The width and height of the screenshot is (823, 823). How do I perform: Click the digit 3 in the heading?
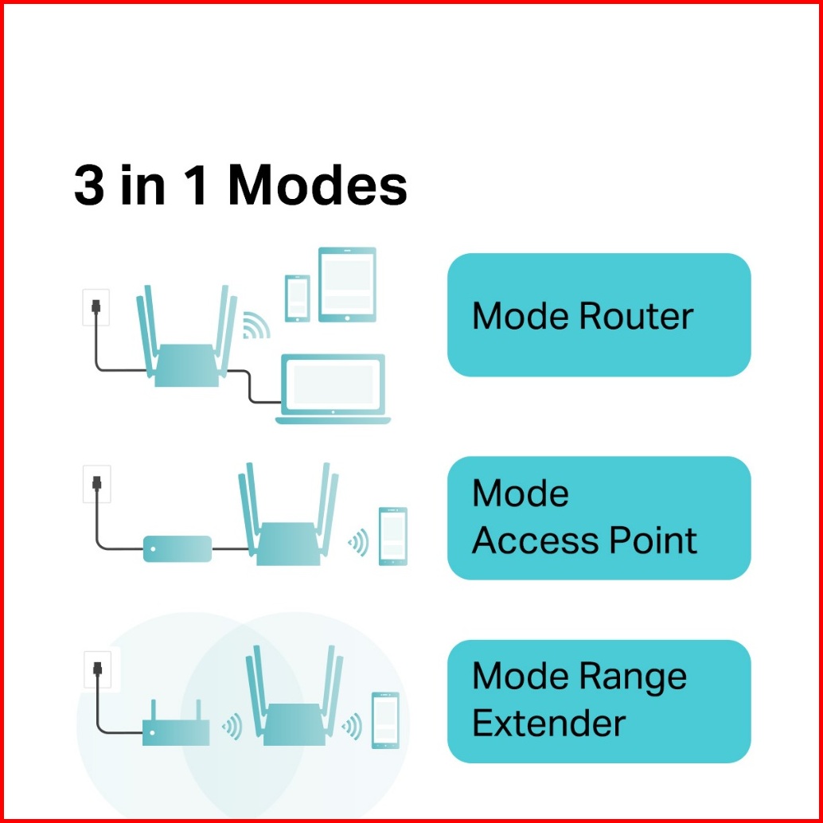point(89,188)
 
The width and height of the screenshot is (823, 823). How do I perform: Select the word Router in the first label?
point(636,317)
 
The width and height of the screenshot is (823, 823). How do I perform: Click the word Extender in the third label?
point(548,724)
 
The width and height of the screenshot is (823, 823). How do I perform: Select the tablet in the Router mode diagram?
point(347,284)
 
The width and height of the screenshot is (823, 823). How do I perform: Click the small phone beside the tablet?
point(298,298)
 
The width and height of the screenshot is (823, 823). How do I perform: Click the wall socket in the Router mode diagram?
point(96,307)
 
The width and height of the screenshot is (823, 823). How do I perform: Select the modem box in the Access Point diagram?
point(177,548)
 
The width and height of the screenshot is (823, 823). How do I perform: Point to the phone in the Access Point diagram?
point(392,536)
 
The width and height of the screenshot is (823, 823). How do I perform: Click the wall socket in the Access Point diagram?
point(96,484)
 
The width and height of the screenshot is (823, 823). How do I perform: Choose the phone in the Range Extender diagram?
point(385,720)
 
